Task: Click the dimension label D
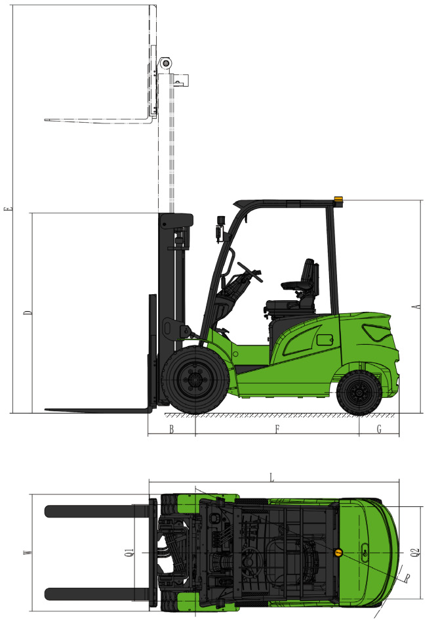point(28,313)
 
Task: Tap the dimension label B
point(172,429)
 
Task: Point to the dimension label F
point(277,429)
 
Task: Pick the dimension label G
point(379,429)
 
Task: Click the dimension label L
point(272,478)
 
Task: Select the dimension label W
point(27,552)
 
